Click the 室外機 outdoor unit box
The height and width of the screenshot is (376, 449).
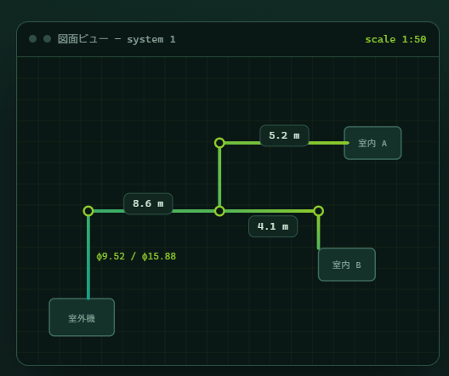click(82, 317)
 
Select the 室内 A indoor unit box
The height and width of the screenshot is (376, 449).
click(372, 143)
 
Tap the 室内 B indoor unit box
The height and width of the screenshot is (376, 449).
click(347, 265)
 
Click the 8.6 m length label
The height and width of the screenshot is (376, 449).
click(148, 203)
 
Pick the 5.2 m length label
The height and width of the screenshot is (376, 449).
click(284, 135)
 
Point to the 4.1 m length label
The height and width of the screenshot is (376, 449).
click(273, 226)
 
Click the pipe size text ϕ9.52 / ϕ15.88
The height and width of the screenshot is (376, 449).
click(136, 256)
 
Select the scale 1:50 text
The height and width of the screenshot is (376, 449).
click(395, 39)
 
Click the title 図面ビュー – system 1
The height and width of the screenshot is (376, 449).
click(117, 39)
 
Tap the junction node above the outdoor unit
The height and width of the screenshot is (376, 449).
click(88, 211)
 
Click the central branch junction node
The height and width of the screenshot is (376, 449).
click(219, 211)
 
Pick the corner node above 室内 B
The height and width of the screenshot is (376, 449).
click(318, 211)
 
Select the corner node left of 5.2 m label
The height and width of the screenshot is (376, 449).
click(219, 143)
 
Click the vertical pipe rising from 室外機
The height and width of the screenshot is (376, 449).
click(88, 257)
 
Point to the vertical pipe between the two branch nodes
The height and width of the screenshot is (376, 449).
click(219, 177)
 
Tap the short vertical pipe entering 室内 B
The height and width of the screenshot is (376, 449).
click(318, 232)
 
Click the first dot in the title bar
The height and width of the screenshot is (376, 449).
click(32, 38)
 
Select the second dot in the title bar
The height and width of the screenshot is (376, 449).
click(48, 38)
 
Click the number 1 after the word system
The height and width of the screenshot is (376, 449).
click(173, 39)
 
